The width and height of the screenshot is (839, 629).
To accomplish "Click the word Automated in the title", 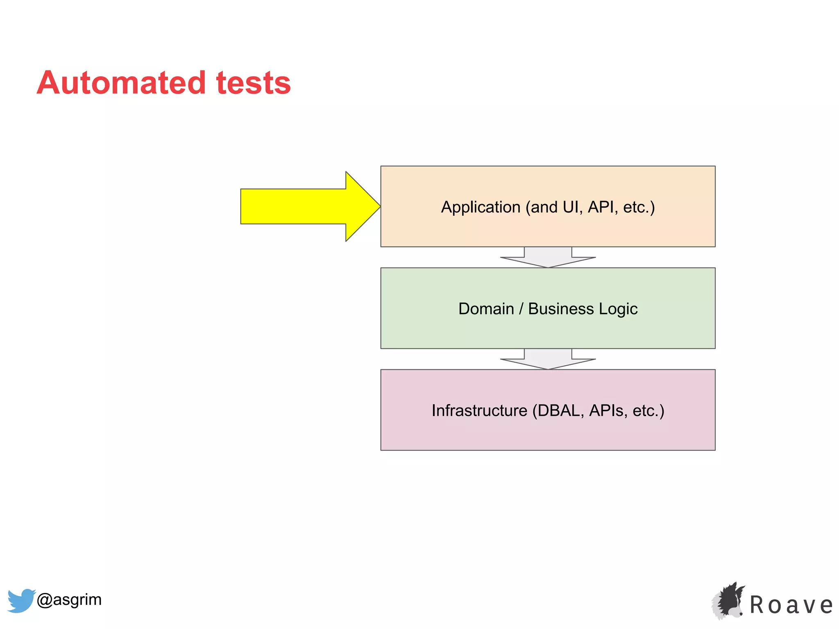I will [x=121, y=83].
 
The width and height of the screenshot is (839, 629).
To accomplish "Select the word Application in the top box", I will [x=480, y=207].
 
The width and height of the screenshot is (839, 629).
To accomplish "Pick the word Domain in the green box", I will [x=486, y=309].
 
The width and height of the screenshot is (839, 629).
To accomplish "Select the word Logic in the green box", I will [x=618, y=309].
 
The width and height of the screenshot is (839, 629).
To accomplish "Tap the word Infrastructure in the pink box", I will [x=479, y=410].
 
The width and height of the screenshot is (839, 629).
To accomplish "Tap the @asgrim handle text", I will [x=69, y=600].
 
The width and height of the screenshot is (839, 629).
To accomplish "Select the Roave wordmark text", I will [x=791, y=605].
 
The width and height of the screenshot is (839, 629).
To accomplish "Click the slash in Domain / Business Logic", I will [x=521, y=309].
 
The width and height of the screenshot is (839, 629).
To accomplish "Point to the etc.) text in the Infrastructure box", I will [x=648, y=410].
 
